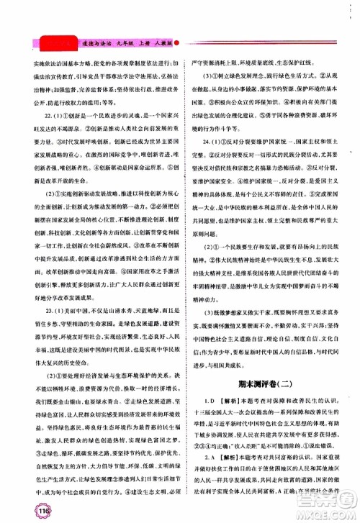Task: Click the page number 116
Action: (19, 509)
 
